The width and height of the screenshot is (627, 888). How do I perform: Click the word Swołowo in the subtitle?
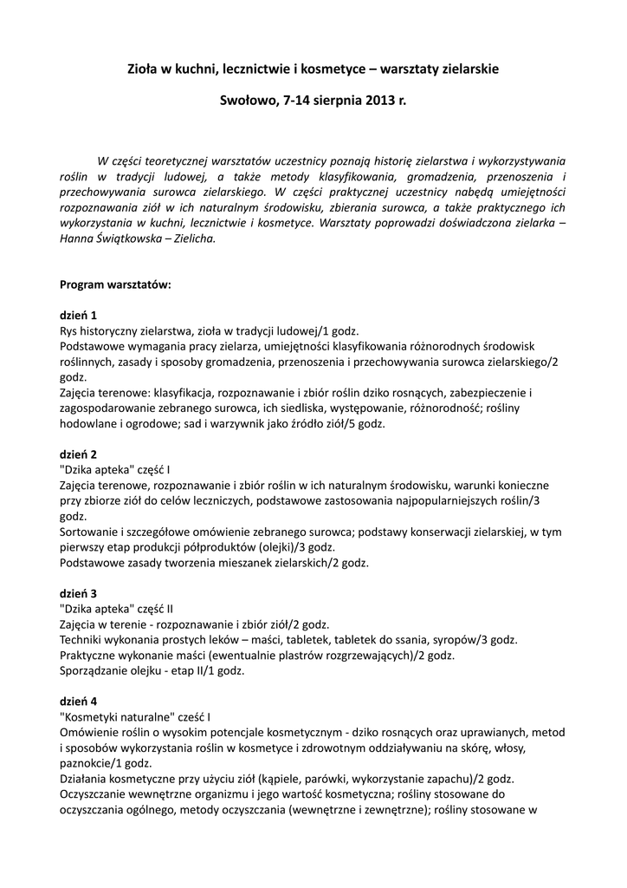pos(249,101)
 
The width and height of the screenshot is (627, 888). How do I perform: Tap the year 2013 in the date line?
pos(378,101)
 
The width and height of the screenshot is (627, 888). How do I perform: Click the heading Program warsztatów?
pos(115,284)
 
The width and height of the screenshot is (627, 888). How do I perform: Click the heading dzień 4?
pos(78,700)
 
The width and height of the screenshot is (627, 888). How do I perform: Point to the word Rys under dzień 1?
pos(69,331)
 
